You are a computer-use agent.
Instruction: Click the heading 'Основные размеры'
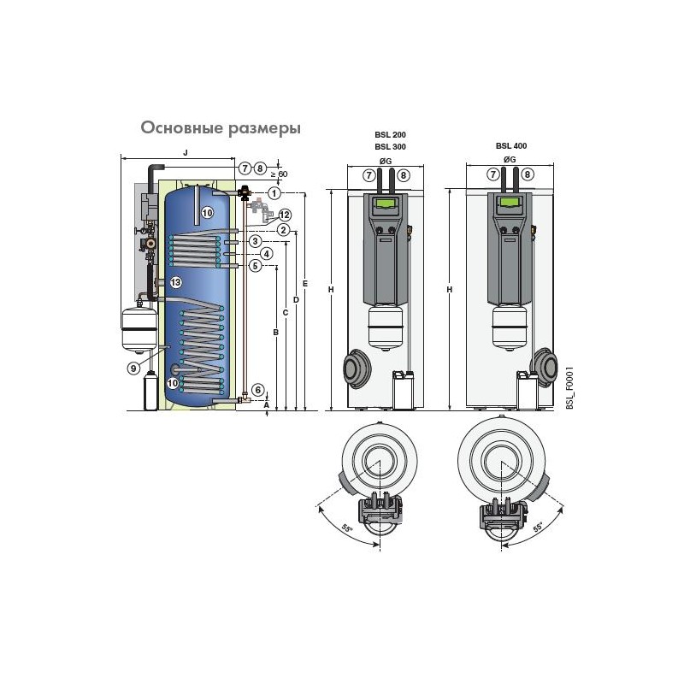221,128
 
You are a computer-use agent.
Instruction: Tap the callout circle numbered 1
274,193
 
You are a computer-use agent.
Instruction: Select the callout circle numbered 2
284,230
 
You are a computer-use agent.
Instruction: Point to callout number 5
255,265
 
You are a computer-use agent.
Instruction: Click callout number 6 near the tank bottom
258,390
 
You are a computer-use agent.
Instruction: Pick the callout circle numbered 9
134,369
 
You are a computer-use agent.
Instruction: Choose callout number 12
285,215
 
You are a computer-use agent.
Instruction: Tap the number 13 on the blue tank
176,282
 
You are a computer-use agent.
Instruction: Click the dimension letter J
186,152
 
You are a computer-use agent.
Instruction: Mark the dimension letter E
305,284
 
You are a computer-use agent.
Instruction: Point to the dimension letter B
275,333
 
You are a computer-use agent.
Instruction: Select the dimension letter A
267,404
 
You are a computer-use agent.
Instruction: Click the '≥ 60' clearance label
280,174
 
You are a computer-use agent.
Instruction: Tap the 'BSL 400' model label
511,145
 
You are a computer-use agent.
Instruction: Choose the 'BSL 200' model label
391,135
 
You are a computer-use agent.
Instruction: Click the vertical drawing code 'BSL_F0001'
569,388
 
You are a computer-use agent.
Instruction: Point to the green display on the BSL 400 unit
510,203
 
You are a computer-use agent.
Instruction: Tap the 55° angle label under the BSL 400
539,528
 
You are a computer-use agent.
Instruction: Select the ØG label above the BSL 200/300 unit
386,161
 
